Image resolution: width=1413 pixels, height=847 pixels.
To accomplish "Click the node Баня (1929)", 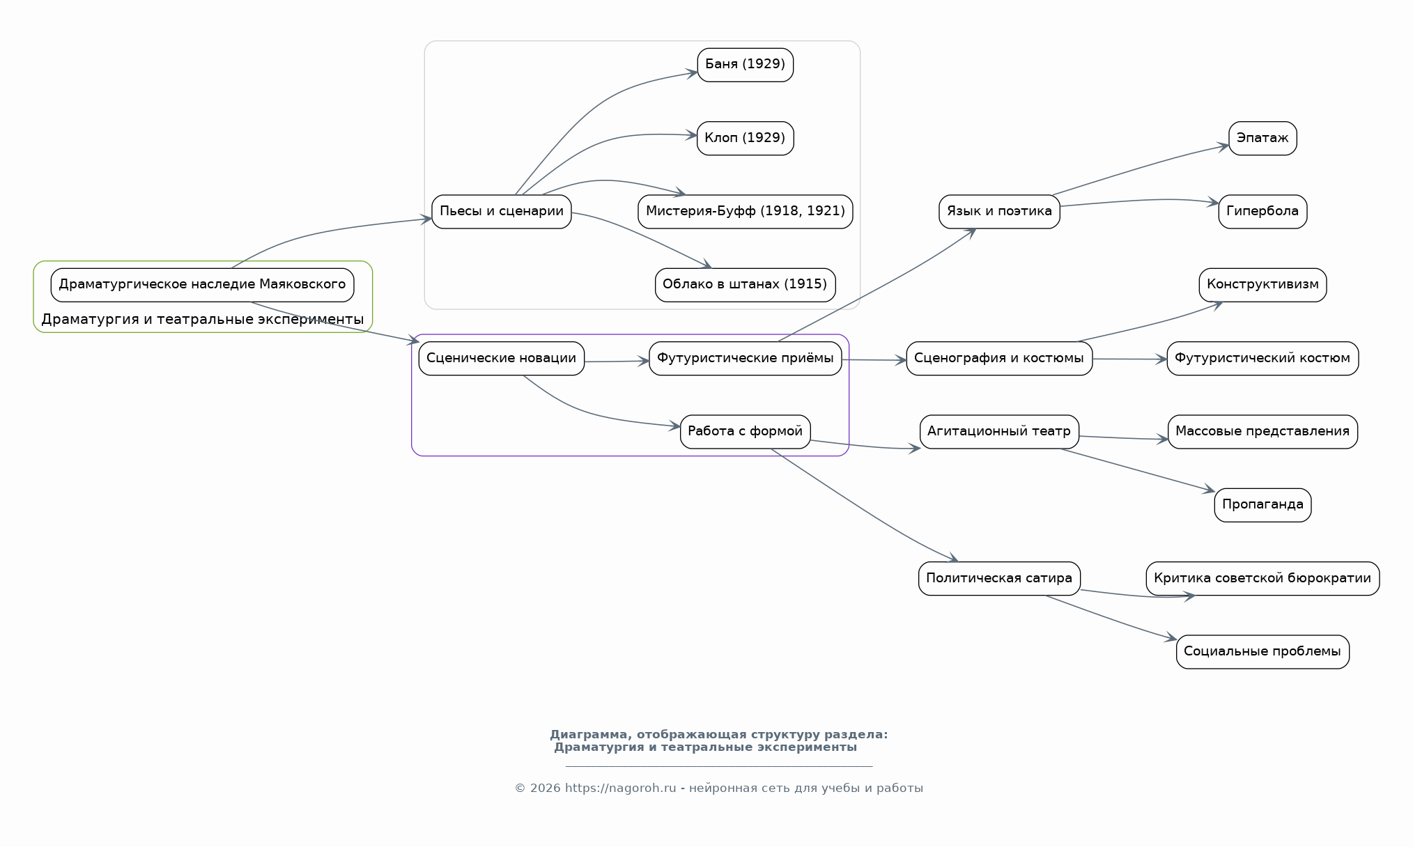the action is click(745, 65).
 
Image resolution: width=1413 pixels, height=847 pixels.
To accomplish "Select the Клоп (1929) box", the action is click(745, 138).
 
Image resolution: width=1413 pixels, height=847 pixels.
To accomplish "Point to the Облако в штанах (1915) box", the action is click(745, 285).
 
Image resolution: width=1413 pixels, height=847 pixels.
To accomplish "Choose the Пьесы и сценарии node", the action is click(502, 212).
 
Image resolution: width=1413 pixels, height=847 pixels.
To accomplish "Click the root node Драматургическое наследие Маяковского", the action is click(202, 285).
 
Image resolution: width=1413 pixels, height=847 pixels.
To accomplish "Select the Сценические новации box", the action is click(502, 359).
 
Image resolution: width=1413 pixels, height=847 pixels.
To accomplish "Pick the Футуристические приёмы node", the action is click(745, 359).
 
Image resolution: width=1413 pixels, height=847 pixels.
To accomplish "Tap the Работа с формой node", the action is click(745, 432).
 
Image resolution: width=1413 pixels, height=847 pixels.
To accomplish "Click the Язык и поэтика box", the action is click(999, 212).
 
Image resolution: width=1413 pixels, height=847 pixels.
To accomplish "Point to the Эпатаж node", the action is click(1263, 138).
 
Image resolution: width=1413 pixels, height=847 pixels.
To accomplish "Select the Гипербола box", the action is click(1263, 212).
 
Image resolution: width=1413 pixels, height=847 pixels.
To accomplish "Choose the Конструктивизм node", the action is click(1263, 285).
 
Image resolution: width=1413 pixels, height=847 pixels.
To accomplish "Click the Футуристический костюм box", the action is click(1263, 359).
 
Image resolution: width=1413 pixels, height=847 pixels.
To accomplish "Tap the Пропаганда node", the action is click(1263, 505).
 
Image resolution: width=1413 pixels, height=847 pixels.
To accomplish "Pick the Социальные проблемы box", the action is click(1263, 652).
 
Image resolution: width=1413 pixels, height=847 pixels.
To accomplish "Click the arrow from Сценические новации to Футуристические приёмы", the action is click(617, 362).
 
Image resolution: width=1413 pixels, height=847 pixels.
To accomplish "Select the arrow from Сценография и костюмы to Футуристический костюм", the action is click(1129, 359).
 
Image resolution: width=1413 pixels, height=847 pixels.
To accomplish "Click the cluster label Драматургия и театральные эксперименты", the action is click(202, 320).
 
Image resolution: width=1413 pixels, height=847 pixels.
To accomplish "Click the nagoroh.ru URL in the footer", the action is click(620, 788).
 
